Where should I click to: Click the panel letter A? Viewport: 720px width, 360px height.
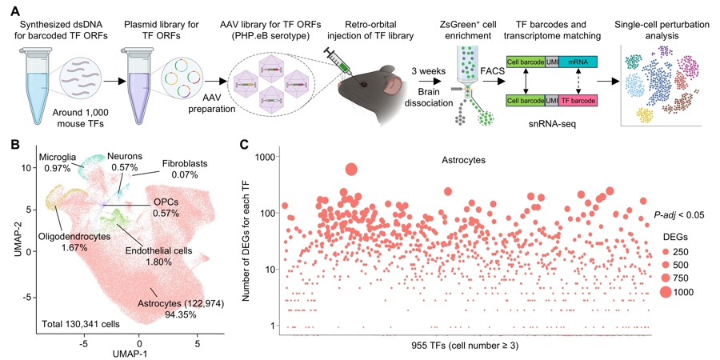click(x=12, y=9)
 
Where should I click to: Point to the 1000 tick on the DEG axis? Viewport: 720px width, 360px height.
click(x=277, y=158)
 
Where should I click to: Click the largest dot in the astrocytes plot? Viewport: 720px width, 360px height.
click(x=350, y=169)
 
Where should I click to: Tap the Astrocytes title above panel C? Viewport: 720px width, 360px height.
click(x=470, y=160)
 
